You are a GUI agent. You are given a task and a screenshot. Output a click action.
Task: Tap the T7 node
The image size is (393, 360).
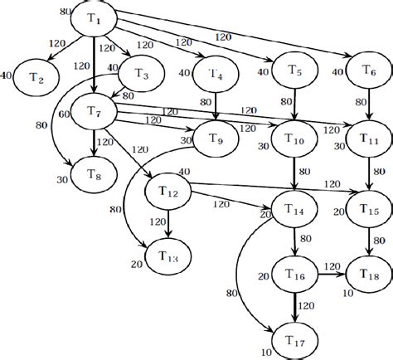[x=93, y=112]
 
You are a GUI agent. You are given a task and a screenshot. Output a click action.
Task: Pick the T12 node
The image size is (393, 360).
[x=169, y=192]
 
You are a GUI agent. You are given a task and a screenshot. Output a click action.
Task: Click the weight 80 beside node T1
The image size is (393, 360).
[x=65, y=12]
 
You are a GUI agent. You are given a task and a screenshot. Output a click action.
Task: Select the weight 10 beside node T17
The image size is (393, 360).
[x=267, y=352]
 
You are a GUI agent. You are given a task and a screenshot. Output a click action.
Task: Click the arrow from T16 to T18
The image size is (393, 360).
[x=328, y=271]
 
